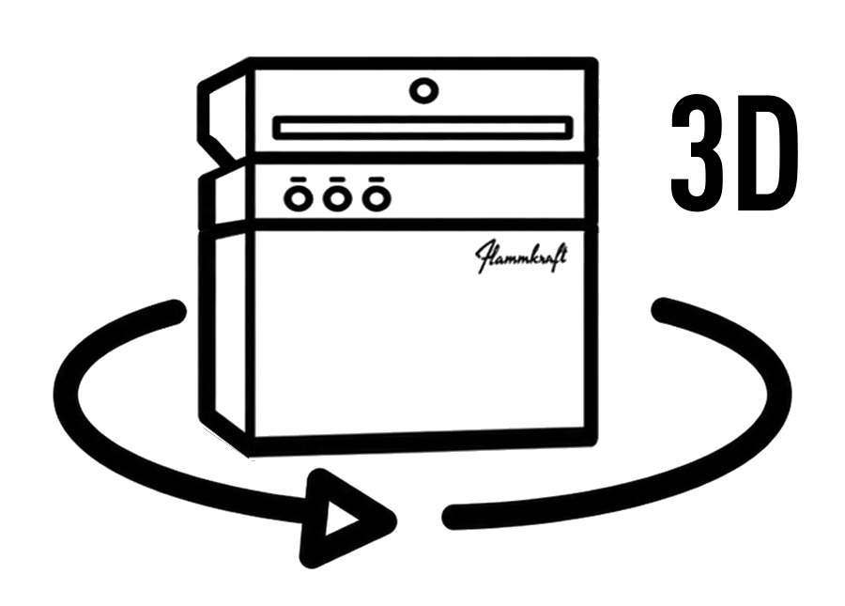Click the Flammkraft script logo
point(521,256)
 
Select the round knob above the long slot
point(423,90)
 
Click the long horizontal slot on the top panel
point(422,129)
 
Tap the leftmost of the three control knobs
point(298,198)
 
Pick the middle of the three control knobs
point(337,198)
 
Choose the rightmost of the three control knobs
point(376,198)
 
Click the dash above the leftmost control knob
point(298,179)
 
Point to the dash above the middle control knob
point(337,179)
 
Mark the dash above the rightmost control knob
point(376,179)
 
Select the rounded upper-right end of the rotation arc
point(664,310)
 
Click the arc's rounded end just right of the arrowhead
point(454,517)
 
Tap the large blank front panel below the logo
point(420,356)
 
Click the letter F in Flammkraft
point(485,257)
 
